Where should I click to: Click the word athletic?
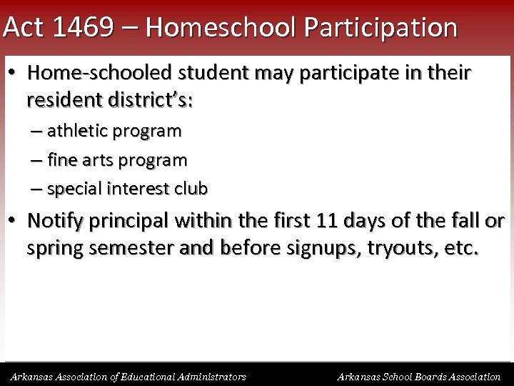click(x=76, y=132)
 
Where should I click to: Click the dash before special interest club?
click(x=36, y=189)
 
